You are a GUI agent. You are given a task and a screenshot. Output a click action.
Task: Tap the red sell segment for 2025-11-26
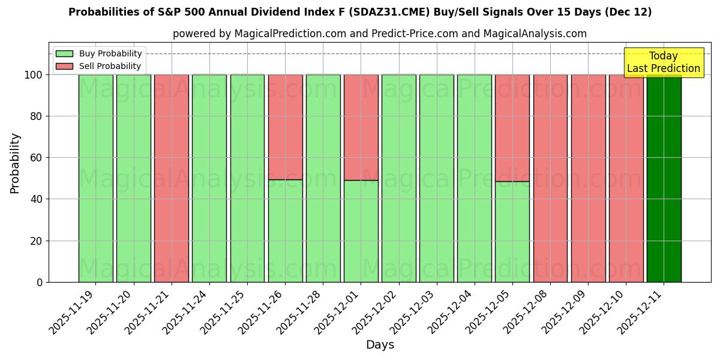tap(285, 127)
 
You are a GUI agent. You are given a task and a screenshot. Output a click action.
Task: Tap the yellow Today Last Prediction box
tap(663, 62)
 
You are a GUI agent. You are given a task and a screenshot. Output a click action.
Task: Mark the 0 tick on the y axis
tap(40, 282)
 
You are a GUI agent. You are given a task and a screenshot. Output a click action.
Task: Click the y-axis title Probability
tap(15, 163)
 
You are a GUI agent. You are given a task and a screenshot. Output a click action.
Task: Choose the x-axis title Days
tap(380, 345)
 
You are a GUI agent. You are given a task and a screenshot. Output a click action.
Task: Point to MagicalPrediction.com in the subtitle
tap(289, 34)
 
